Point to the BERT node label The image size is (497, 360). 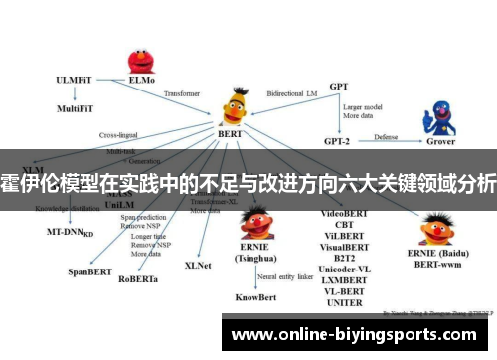229,131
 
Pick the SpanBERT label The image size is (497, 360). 87,270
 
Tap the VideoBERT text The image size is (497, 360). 346,213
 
